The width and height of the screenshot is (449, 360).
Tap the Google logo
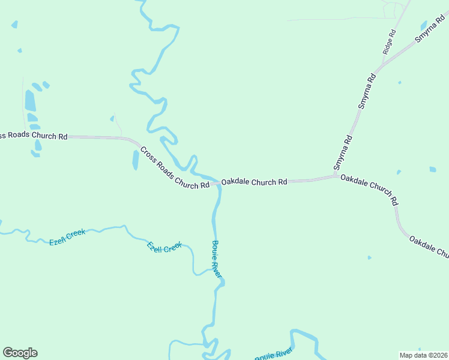pyautogui.click(x=20, y=353)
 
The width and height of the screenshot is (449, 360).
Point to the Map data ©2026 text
pyautogui.click(x=424, y=355)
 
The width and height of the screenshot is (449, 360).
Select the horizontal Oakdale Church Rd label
pyautogui.click(x=254, y=181)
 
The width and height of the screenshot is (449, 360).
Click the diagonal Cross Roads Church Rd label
pyautogui.click(x=174, y=168)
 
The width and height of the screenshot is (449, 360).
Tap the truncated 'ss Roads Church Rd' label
pyautogui.click(x=34, y=136)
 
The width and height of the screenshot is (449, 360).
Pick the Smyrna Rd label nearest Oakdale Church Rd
pyautogui.click(x=343, y=152)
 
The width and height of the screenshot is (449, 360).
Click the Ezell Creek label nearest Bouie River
pyautogui.click(x=164, y=247)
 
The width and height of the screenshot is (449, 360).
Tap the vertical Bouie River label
pyautogui.click(x=217, y=259)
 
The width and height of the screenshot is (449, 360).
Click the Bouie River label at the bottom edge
pyautogui.click(x=273, y=355)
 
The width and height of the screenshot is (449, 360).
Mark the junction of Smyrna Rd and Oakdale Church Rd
pyautogui.click(x=336, y=176)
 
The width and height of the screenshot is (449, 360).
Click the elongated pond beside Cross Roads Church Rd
pyautogui.click(x=136, y=160)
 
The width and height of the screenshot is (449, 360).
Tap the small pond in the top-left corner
pyautogui.click(x=14, y=25)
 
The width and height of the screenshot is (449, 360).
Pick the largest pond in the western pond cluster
pyautogui.click(x=30, y=101)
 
